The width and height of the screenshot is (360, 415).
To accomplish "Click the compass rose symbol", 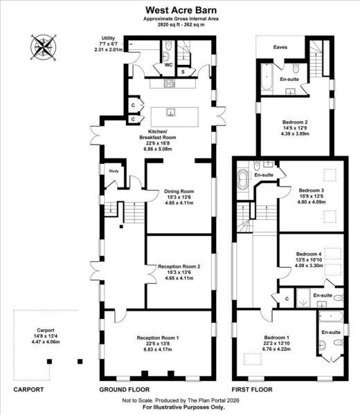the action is pyautogui.click(x=43, y=48).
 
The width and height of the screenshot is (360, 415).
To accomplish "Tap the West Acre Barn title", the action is pyautogui.click(x=181, y=10).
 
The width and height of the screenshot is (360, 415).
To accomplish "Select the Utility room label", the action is pyautogui.click(x=108, y=44).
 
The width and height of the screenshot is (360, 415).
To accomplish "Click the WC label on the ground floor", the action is pyautogui.click(x=168, y=65).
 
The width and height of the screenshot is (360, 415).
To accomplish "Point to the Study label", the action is pyautogui.click(x=114, y=171).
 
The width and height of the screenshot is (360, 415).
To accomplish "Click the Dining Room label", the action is pyautogui.click(x=179, y=197).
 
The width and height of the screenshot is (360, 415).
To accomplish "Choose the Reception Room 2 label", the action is pyautogui.click(x=179, y=272).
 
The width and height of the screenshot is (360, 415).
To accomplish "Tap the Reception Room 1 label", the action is pyautogui.click(x=158, y=344).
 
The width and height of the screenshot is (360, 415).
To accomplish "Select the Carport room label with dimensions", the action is pyautogui.click(x=46, y=336).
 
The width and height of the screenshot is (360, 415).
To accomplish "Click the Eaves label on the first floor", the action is pyautogui.click(x=280, y=47).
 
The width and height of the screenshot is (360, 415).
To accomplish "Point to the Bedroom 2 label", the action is pyautogui.click(x=295, y=128).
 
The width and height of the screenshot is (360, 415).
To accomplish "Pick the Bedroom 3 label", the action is pyautogui.click(x=312, y=196).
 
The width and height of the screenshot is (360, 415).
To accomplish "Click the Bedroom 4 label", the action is pyautogui.click(x=309, y=259).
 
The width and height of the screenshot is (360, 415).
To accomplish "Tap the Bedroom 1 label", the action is pyautogui.click(x=276, y=343).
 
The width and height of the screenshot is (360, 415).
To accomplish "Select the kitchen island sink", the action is pyautogui.click(x=171, y=113).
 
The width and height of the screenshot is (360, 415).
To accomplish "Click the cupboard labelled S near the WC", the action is pyautogui.click(x=183, y=71).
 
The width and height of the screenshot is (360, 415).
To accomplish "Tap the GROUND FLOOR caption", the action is pyautogui.click(x=125, y=389).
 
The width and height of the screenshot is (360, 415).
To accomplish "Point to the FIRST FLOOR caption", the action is pyautogui.click(x=252, y=389).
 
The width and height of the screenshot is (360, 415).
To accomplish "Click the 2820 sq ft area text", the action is pyautogui.click(x=181, y=25).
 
